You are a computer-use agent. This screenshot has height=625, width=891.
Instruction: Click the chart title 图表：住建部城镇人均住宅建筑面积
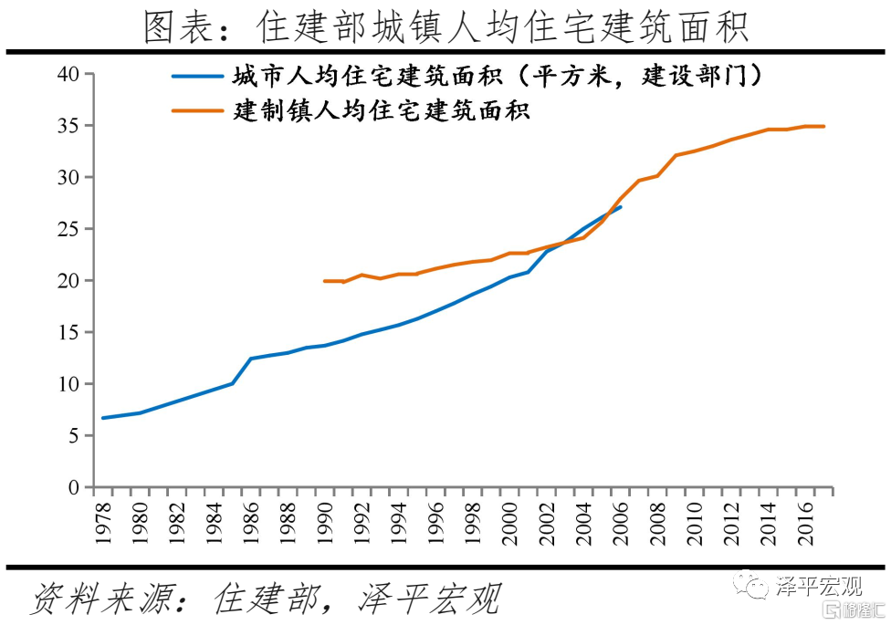coord(445,27)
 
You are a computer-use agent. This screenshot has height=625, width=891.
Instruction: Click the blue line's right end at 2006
coord(621,207)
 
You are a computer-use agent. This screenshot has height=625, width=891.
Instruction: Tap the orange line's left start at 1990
coord(325,281)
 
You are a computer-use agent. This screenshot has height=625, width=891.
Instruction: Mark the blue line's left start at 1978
coord(102,418)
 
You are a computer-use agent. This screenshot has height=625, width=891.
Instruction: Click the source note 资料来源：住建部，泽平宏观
coord(265,599)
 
